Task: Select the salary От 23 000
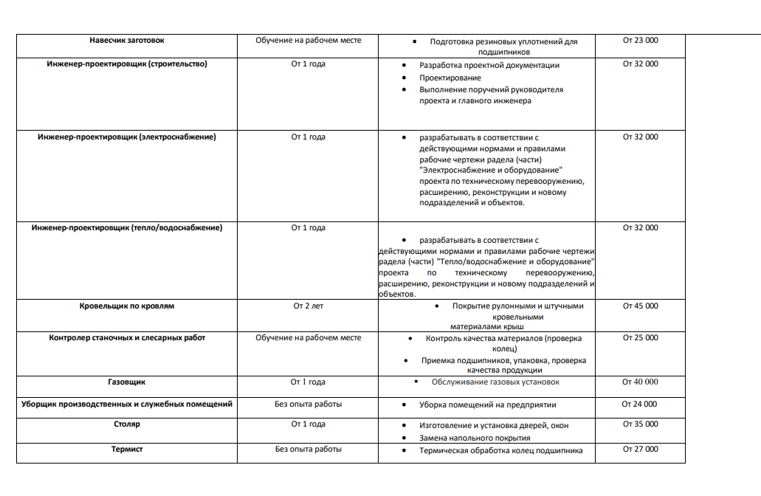tap(640, 41)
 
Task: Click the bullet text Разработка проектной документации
tap(489, 65)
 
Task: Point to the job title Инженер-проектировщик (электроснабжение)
tap(127, 137)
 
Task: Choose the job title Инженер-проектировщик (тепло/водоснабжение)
tap(127, 228)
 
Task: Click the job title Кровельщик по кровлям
tap(127, 306)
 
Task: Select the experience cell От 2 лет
tap(308, 306)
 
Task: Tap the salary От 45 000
tap(640, 306)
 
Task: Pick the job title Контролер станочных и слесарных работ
tap(127, 338)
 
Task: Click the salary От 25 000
tap(640, 338)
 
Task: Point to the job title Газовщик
tap(127, 382)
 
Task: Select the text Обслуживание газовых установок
tap(495, 382)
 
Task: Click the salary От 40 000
tap(640, 382)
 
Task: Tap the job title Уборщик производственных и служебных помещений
tap(127, 404)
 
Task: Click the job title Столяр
tap(127, 424)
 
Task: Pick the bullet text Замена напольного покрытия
tap(475, 438)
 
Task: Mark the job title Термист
tap(127, 449)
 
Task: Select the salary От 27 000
tap(640, 449)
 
